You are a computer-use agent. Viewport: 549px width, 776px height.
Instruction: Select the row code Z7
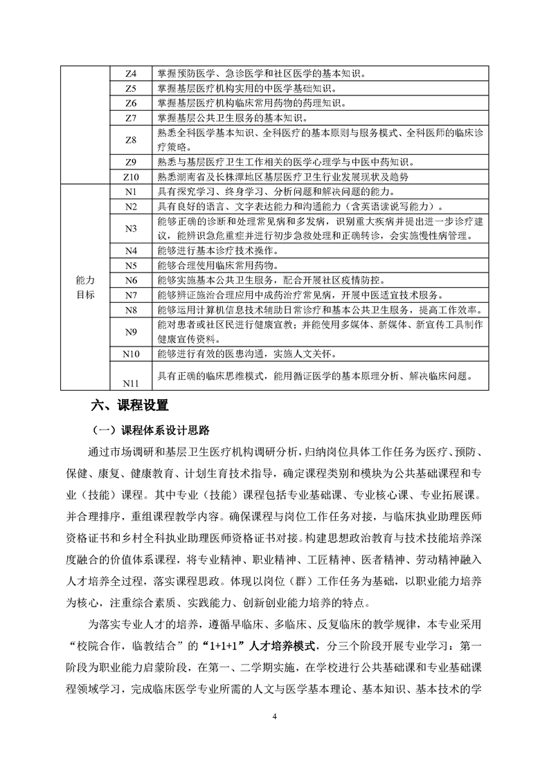pyautogui.click(x=131, y=118)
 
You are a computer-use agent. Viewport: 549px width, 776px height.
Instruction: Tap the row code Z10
pyautogui.click(x=131, y=177)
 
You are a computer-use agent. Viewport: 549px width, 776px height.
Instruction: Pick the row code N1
pyautogui.click(x=131, y=192)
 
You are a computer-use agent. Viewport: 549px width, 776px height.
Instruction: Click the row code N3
pyautogui.click(x=131, y=228)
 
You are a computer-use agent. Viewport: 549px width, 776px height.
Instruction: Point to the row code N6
pyautogui.click(x=131, y=280)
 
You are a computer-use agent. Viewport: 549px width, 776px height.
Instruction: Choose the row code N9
pyautogui.click(x=131, y=332)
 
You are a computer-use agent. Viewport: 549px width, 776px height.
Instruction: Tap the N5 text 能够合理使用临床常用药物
pyautogui.click(x=219, y=266)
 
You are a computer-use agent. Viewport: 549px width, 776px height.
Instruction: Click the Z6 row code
pyautogui.click(x=131, y=103)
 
